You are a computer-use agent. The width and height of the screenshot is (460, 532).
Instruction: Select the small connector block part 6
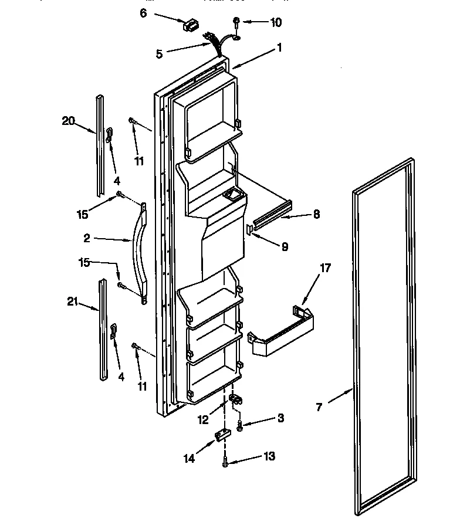pyautogui.click(x=191, y=25)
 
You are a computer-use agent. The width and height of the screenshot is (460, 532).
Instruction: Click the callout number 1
pyautogui.click(x=280, y=48)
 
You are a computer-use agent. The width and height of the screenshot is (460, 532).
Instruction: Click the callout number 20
pyautogui.click(x=69, y=121)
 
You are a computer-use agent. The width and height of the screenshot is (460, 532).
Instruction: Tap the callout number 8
pyautogui.click(x=316, y=215)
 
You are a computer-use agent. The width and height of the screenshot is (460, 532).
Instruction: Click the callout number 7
pyautogui.click(x=319, y=406)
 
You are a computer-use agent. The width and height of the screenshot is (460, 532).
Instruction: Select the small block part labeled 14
pyautogui.click(x=221, y=436)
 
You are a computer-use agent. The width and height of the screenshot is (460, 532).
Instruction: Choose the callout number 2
pyautogui.click(x=86, y=238)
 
